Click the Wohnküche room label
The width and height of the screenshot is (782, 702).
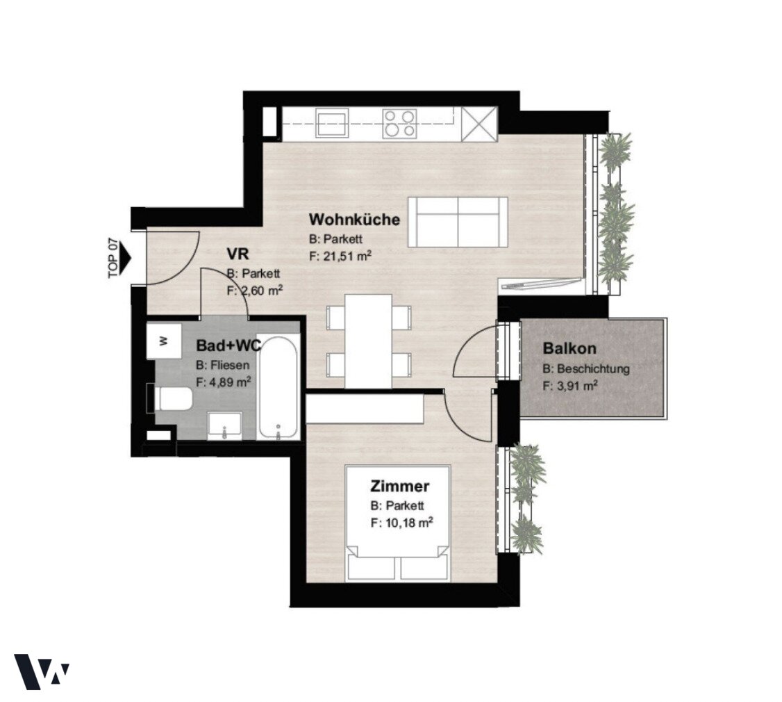pyautogui.click(x=354, y=219)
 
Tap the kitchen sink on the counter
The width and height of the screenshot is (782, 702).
pyautogui.click(x=331, y=123)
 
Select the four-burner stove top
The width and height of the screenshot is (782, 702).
pyautogui.click(x=399, y=123)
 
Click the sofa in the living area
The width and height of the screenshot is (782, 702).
pyautogui.click(x=458, y=222)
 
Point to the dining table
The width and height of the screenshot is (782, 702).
pyautogui.click(x=369, y=341)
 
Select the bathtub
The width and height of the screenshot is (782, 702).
pyautogui.click(x=278, y=388)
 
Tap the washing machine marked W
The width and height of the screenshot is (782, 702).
pyautogui.click(x=164, y=341)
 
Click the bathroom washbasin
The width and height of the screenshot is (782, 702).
pyautogui.click(x=224, y=426)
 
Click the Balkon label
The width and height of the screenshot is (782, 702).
pyautogui.click(x=569, y=348)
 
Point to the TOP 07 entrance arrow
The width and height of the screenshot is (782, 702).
pyautogui.click(x=125, y=258)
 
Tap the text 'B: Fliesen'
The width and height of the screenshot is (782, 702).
pyautogui.click(x=222, y=365)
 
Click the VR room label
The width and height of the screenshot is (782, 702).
pyautogui.click(x=238, y=254)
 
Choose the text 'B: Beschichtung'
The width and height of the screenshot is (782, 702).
pyautogui.click(x=586, y=369)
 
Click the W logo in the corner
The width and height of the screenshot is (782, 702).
pyautogui.click(x=41, y=671)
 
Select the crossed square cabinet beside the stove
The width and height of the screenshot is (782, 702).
pyautogui.click(x=479, y=124)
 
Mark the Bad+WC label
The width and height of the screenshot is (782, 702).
pyautogui.click(x=228, y=345)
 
